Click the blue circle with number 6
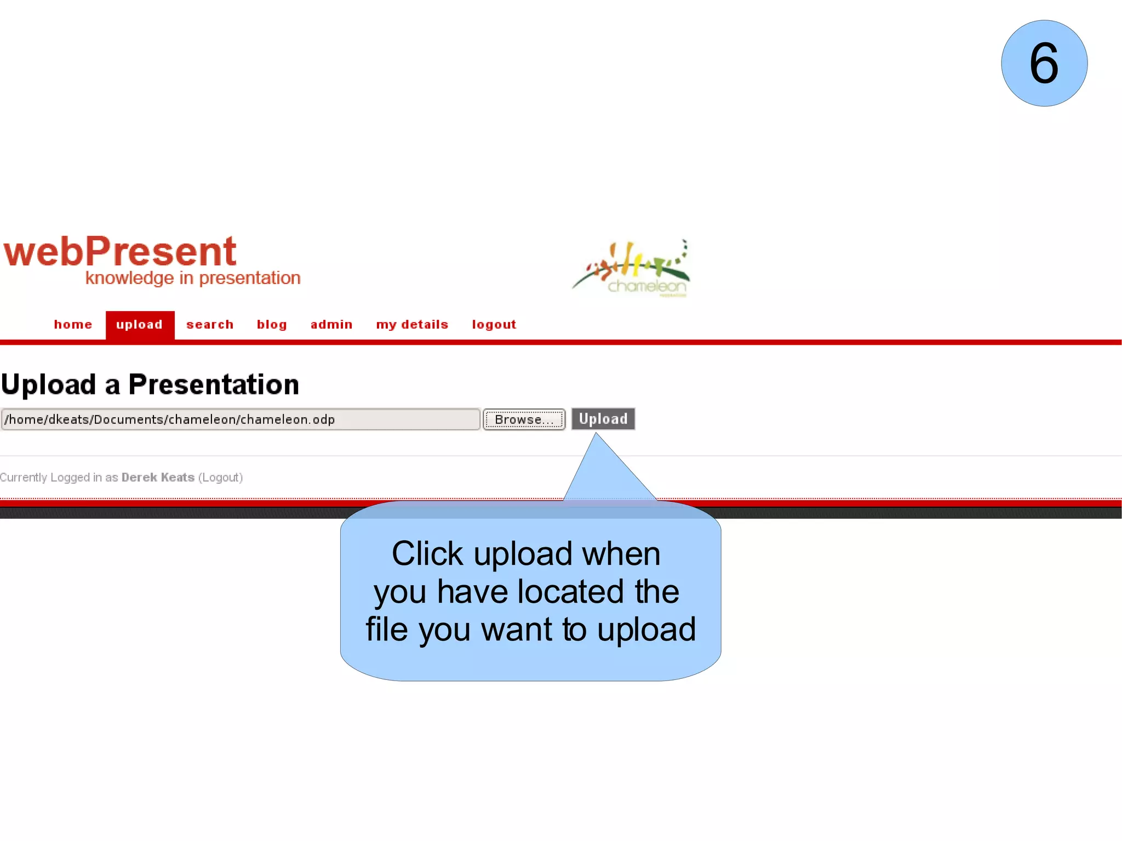pos(1044,64)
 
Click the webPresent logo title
pos(120,251)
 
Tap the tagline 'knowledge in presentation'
pos(193,278)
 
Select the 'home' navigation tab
pos(73,325)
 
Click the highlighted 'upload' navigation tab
pos(140,325)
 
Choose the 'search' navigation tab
pos(210,325)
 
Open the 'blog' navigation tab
pos(272,325)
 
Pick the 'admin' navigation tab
pos(331,325)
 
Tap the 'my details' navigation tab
pos(412,325)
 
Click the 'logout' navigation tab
pos(494,325)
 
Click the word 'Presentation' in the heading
pos(214,385)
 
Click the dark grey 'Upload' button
pos(603,419)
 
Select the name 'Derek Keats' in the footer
pos(158,478)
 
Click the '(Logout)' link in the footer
pos(220,478)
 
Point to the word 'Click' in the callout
pos(427,554)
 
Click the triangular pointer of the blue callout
pos(603,471)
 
